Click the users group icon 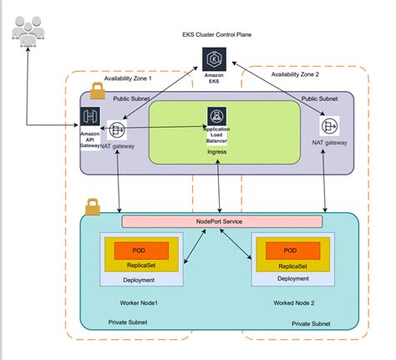click(28, 31)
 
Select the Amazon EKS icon click(214, 59)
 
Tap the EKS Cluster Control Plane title click(217, 35)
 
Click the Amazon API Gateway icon click(90, 116)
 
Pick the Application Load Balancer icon click(216, 116)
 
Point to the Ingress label click(216, 152)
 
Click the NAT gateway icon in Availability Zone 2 click(329, 126)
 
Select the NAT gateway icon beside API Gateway click(117, 130)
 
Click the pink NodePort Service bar click(222, 221)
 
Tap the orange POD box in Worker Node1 click(141, 251)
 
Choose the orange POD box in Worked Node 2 click(293, 251)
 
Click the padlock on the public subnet click(98, 91)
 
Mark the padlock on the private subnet click(93, 207)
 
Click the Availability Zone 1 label click(128, 79)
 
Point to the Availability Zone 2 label click(295, 74)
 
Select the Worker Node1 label click(139, 303)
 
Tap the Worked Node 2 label click(294, 303)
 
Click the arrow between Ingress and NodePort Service click(219, 186)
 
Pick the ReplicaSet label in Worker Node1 click(141, 266)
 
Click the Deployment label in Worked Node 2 click(293, 279)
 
